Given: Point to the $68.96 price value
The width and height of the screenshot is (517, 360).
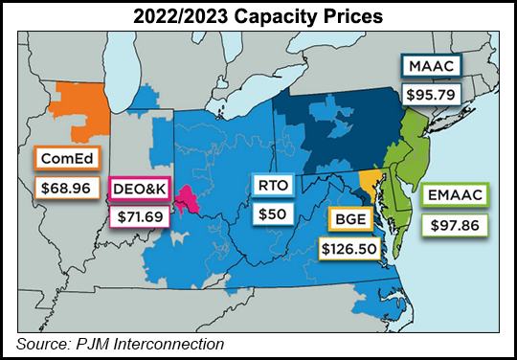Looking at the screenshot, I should pyautogui.click(x=64, y=187).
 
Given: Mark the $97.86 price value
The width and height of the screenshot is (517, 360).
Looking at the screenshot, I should pyautogui.click(x=455, y=226).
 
